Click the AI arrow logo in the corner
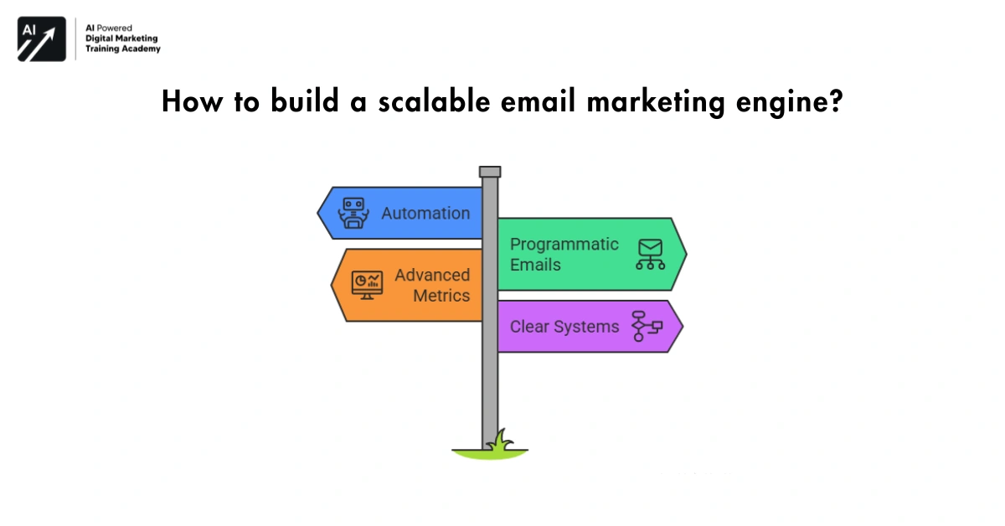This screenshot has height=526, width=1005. (42, 39)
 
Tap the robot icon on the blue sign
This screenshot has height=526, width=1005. (353, 213)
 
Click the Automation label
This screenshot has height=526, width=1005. (425, 213)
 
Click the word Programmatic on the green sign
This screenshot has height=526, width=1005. (564, 245)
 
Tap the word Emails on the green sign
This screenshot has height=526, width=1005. (535, 266)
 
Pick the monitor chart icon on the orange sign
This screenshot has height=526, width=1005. (367, 285)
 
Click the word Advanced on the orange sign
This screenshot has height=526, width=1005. (432, 275)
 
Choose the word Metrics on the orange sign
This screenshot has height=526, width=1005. (441, 296)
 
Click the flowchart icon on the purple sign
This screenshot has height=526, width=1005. (647, 326)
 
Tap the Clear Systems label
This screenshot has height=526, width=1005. (564, 327)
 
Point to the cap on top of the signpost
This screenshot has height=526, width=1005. (490, 172)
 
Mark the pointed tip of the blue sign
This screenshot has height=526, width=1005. (319, 213)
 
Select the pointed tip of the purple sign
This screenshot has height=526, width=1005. (682, 326)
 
